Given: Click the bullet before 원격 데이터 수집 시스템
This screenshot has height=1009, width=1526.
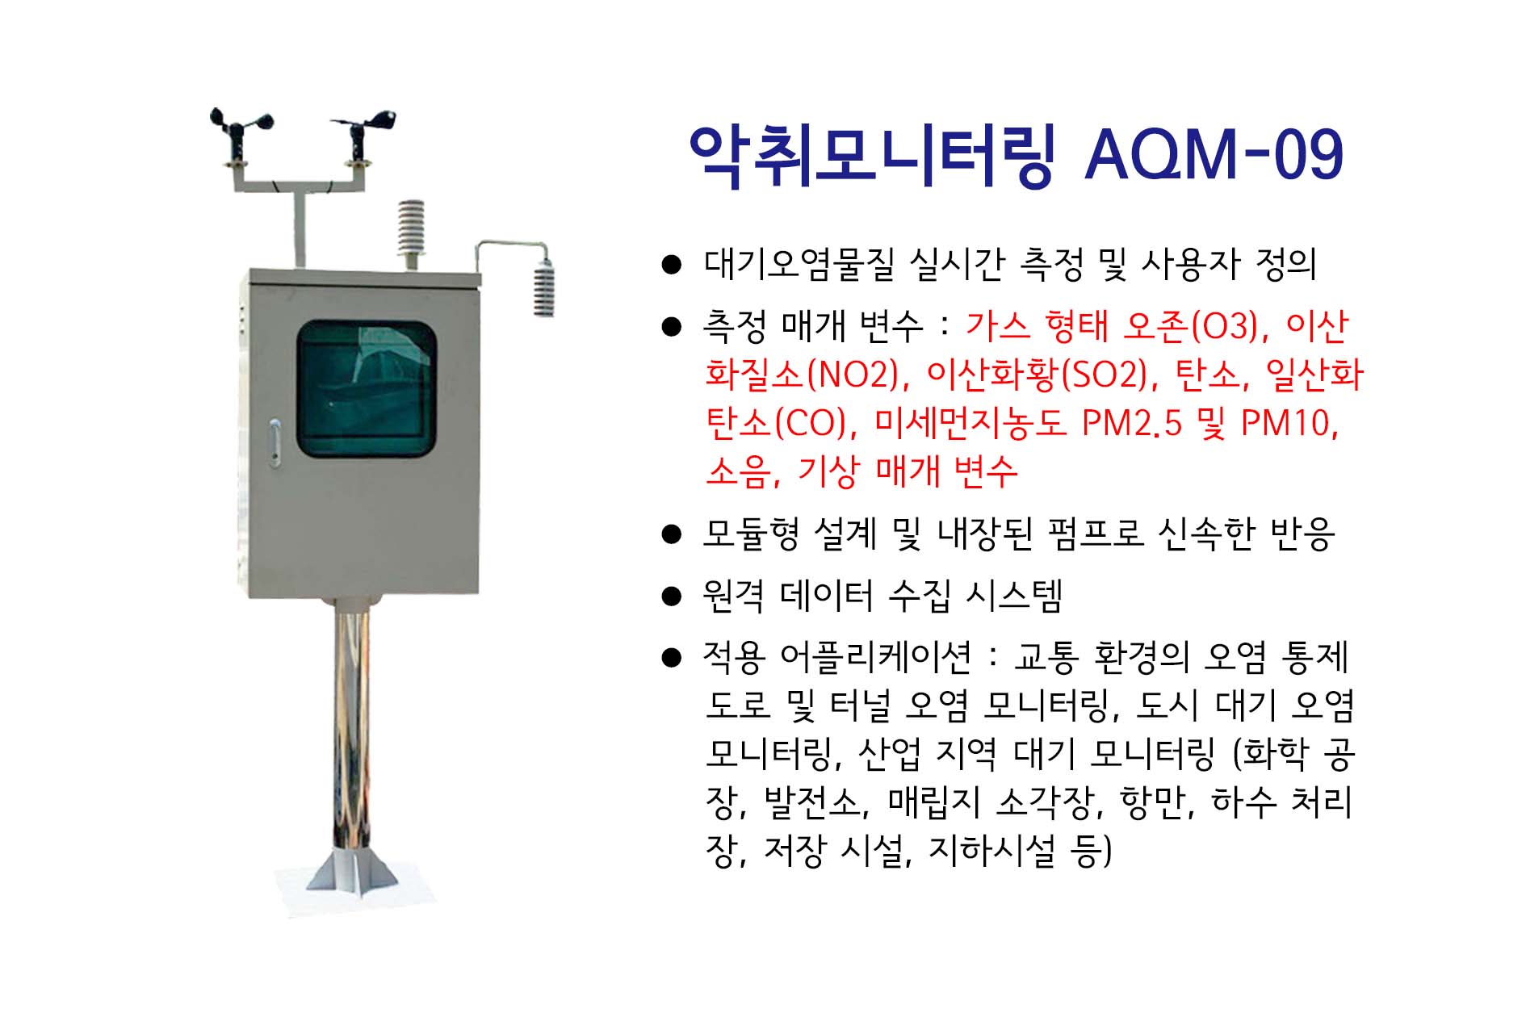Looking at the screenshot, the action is (671, 597).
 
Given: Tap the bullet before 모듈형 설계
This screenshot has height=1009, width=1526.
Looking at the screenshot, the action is (671, 534).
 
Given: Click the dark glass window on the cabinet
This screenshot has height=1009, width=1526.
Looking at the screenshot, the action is (367, 389).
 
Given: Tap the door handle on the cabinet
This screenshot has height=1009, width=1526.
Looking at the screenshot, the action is (275, 442).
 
